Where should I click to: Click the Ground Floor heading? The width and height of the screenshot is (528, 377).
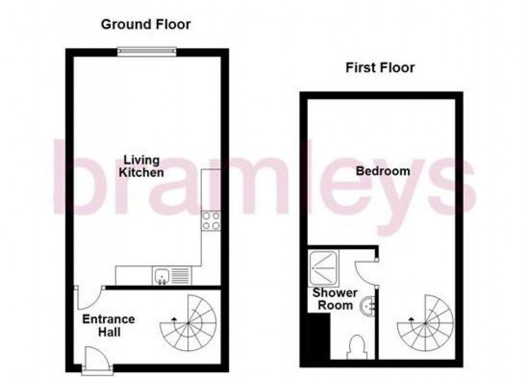[145, 24]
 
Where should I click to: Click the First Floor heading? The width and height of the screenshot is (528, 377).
[380, 68]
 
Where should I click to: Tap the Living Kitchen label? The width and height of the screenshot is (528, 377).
[141, 166]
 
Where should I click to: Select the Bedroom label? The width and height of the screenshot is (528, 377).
[383, 171]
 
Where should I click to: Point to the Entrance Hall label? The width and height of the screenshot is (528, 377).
[108, 325]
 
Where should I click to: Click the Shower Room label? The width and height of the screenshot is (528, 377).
[335, 299]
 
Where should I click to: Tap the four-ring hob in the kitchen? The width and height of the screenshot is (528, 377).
[211, 221]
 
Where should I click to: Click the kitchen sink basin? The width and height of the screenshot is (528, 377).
[162, 276]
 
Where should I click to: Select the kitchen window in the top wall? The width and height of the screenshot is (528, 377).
[147, 51]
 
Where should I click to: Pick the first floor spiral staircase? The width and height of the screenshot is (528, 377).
[425, 323]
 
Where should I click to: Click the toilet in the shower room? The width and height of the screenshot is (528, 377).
[356, 347]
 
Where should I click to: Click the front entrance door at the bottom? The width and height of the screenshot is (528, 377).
[97, 360]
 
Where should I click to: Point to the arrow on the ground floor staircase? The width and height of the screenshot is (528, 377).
[173, 319]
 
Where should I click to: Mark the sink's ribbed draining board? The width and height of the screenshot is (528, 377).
[181, 276]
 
